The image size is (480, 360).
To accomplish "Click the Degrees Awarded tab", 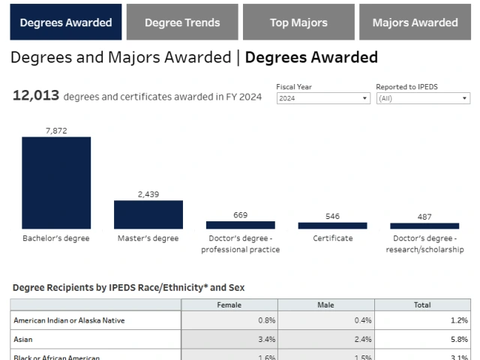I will pyautogui.click(x=66, y=22).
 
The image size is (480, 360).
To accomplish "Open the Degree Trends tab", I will pyautogui.click(x=182, y=22).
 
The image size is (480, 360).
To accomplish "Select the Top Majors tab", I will pyautogui.click(x=298, y=22).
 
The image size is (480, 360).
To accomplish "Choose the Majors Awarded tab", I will pyautogui.click(x=415, y=22).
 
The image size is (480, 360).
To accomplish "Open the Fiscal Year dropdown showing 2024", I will pyautogui.click(x=323, y=98).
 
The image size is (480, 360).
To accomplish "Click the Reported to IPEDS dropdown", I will pyautogui.click(x=423, y=98).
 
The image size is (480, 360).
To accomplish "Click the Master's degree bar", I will pyautogui.click(x=148, y=214).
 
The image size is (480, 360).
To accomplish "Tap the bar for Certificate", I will pyautogui.click(x=332, y=225).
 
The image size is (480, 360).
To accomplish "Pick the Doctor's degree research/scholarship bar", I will pyautogui.click(x=424, y=226).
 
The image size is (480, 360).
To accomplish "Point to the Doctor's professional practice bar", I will pyautogui.click(x=240, y=224).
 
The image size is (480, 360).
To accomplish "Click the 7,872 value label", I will pyautogui.click(x=56, y=130).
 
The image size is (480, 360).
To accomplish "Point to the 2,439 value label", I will pyautogui.click(x=148, y=194).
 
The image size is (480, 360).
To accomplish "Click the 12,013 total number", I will pyautogui.click(x=36, y=95).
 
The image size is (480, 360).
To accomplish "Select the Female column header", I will pyautogui.click(x=229, y=304).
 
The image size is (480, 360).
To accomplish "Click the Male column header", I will pyautogui.click(x=325, y=304).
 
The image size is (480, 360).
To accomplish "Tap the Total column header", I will pyautogui.click(x=422, y=304).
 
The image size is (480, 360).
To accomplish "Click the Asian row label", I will pyautogui.click(x=23, y=339).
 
